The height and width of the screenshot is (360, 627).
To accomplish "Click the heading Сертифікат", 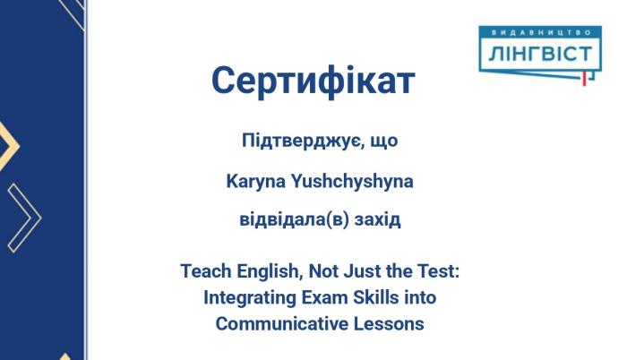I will (313, 81).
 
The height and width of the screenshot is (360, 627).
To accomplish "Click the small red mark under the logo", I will (583, 79).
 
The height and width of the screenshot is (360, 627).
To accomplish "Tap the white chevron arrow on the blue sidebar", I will (24, 217).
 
